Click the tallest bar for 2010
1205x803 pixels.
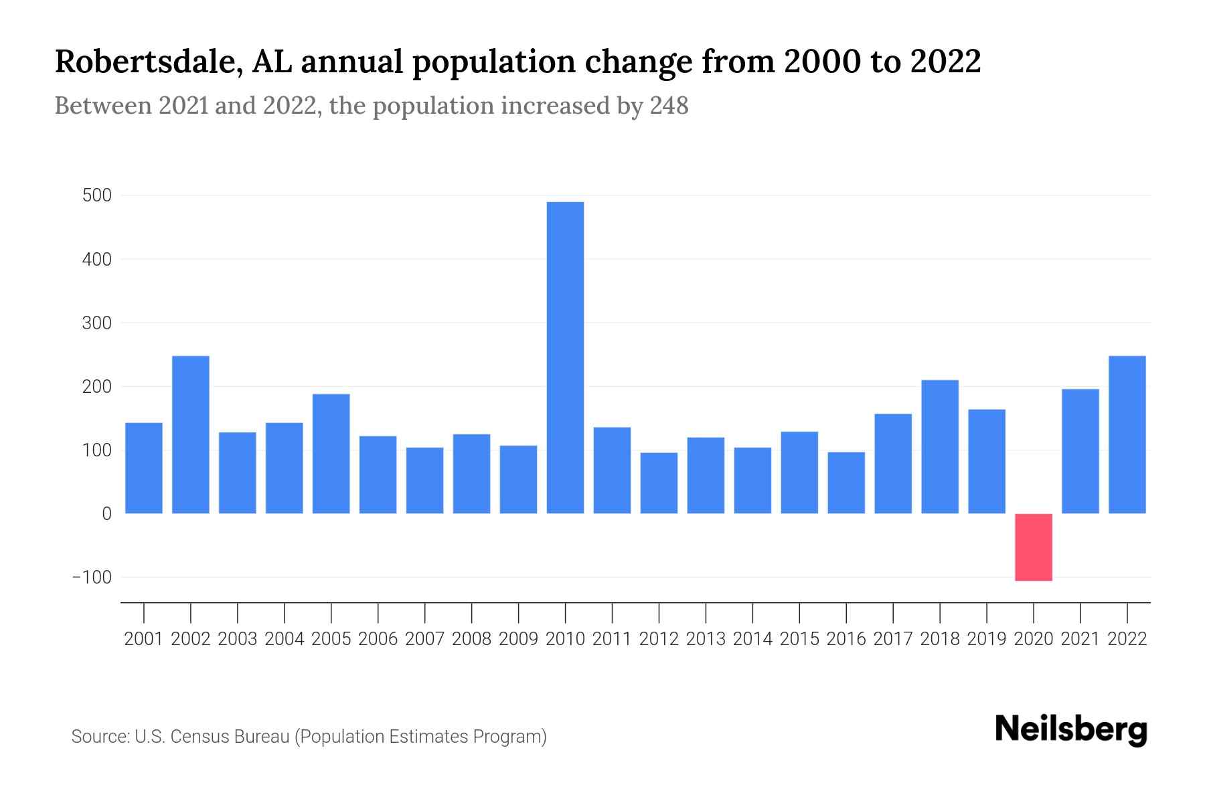565,358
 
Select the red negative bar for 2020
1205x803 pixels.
1033,547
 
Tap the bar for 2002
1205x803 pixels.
191,435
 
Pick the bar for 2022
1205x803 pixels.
1127,435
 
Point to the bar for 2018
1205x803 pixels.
940,447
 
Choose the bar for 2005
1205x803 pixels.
331,454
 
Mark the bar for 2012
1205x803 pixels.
659,483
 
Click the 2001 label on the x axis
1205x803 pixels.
144,639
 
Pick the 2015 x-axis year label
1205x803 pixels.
799,639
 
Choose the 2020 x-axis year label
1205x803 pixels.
1033,639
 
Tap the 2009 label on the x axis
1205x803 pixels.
518,639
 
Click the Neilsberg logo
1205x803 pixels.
1071,730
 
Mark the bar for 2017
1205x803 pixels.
893,464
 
